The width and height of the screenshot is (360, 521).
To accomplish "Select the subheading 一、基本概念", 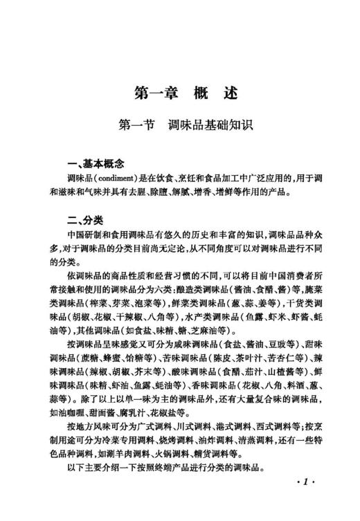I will (89, 164).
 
